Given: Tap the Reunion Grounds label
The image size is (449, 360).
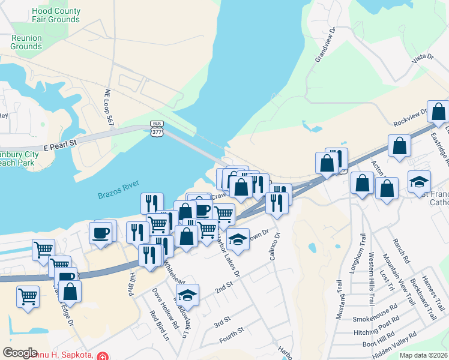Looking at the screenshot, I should coord(26,42).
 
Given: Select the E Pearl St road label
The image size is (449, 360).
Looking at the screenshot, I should coord(61,144).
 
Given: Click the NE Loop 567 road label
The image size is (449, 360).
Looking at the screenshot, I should coord(109,107).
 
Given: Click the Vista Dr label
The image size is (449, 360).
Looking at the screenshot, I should coord(422,56).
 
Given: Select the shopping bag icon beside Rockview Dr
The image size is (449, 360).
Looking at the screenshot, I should coord(439,111).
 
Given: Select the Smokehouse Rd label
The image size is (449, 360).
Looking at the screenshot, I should coord(375,317).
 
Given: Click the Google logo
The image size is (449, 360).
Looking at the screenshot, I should coord(20,352).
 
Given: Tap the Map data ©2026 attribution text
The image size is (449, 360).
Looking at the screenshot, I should coord(423,355).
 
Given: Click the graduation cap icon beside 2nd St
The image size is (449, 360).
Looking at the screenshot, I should coord(187,294).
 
